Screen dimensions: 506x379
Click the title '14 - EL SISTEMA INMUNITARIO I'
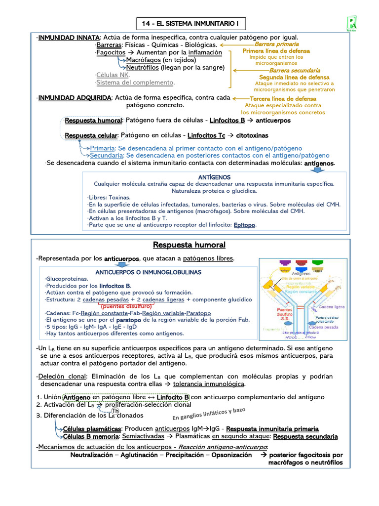(x=189, y=24)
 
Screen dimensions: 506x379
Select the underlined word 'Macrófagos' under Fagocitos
(x=144, y=60)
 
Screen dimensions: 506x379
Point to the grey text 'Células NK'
(x=113, y=75)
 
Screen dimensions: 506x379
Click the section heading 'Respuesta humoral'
(x=189, y=245)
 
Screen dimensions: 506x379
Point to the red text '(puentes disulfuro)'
(x=126, y=306)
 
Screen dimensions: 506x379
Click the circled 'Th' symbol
(x=115, y=411)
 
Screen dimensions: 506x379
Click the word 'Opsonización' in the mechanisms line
(x=231, y=455)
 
